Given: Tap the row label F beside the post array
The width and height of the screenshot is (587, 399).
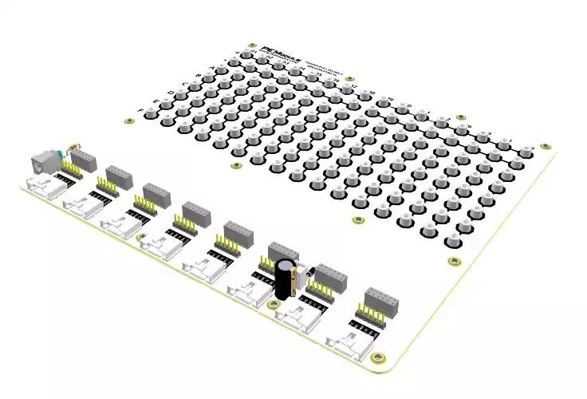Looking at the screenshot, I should [x=142, y=109].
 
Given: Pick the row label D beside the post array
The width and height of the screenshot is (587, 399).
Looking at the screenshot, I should [x=171, y=93].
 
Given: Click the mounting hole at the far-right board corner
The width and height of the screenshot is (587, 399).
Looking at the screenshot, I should [x=546, y=146].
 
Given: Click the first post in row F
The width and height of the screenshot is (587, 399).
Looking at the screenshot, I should [x=152, y=112].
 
